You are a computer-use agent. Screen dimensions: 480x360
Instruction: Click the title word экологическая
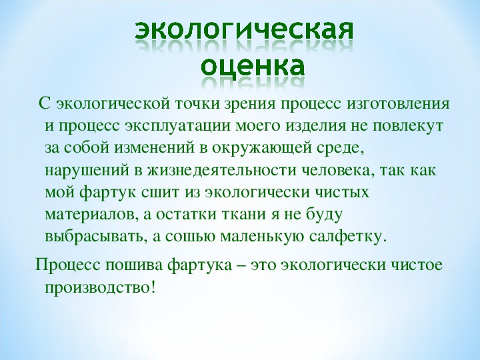pos(244,31)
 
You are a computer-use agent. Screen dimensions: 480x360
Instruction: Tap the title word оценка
pos(253,66)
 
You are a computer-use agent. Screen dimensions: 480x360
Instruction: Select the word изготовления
pos(398,104)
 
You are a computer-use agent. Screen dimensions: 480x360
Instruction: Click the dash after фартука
pos(241,266)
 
